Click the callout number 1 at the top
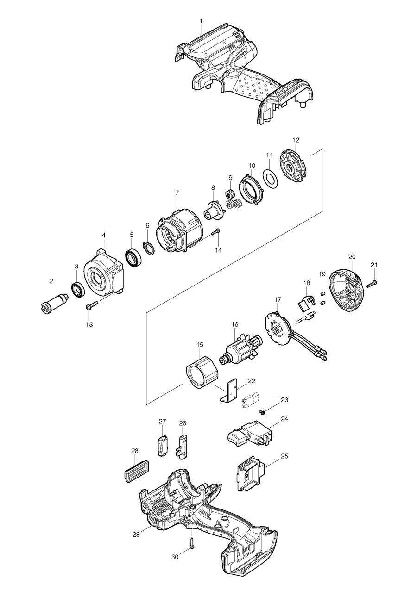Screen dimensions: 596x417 (201, 21)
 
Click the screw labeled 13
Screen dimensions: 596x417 (91, 305)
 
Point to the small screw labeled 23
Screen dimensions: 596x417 (262, 410)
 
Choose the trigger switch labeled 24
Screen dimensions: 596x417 (250, 433)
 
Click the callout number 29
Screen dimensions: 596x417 (136, 534)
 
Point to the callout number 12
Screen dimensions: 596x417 (296, 140)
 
